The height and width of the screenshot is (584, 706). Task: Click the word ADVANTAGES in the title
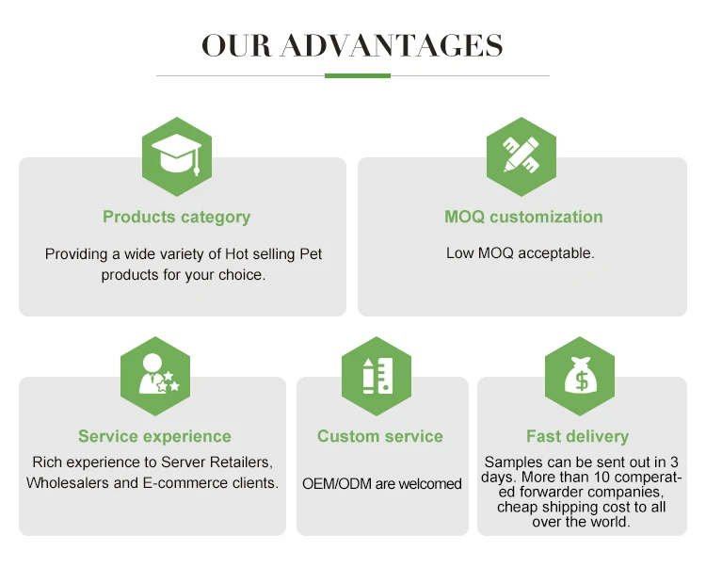pyautogui.click(x=392, y=44)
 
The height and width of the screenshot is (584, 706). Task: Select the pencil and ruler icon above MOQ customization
pyautogui.click(x=521, y=152)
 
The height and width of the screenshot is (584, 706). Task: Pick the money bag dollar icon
pyautogui.click(x=579, y=376)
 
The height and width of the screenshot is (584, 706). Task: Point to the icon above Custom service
pyautogui.click(x=377, y=376)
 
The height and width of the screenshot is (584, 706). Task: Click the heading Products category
pyautogui.click(x=177, y=217)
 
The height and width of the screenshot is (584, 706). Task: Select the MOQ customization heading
pyautogui.click(x=523, y=217)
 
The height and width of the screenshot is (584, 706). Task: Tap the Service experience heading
pyautogui.click(x=154, y=436)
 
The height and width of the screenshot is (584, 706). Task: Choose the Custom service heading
pyautogui.click(x=380, y=436)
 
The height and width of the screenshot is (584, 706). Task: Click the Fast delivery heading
pyautogui.click(x=577, y=436)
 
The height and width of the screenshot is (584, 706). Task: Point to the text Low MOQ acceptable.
pyautogui.click(x=520, y=253)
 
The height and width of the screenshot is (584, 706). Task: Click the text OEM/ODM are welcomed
pyautogui.click(x=382, y=484)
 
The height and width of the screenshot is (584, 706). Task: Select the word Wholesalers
pyautogui.click(x=71, y=483)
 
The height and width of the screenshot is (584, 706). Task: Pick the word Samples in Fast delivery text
pyautogui.click(x=514, y=462)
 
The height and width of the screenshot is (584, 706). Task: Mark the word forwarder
pyautogui.click(x=556, y=493)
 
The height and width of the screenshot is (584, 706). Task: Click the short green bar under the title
pyautogui.click(x=357, y=75)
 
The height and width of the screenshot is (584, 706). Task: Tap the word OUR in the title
pyautogui.click(x=236, y=44)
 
